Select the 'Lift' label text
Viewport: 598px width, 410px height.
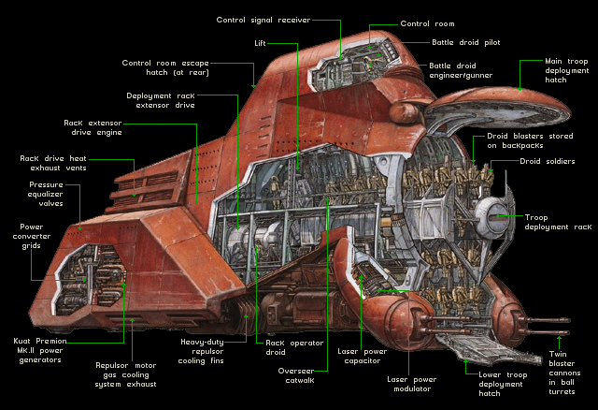(x=264, y=43)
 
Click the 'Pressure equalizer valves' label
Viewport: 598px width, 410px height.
(x=47, y=194)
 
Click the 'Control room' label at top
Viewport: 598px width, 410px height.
(x=428, y=23)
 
